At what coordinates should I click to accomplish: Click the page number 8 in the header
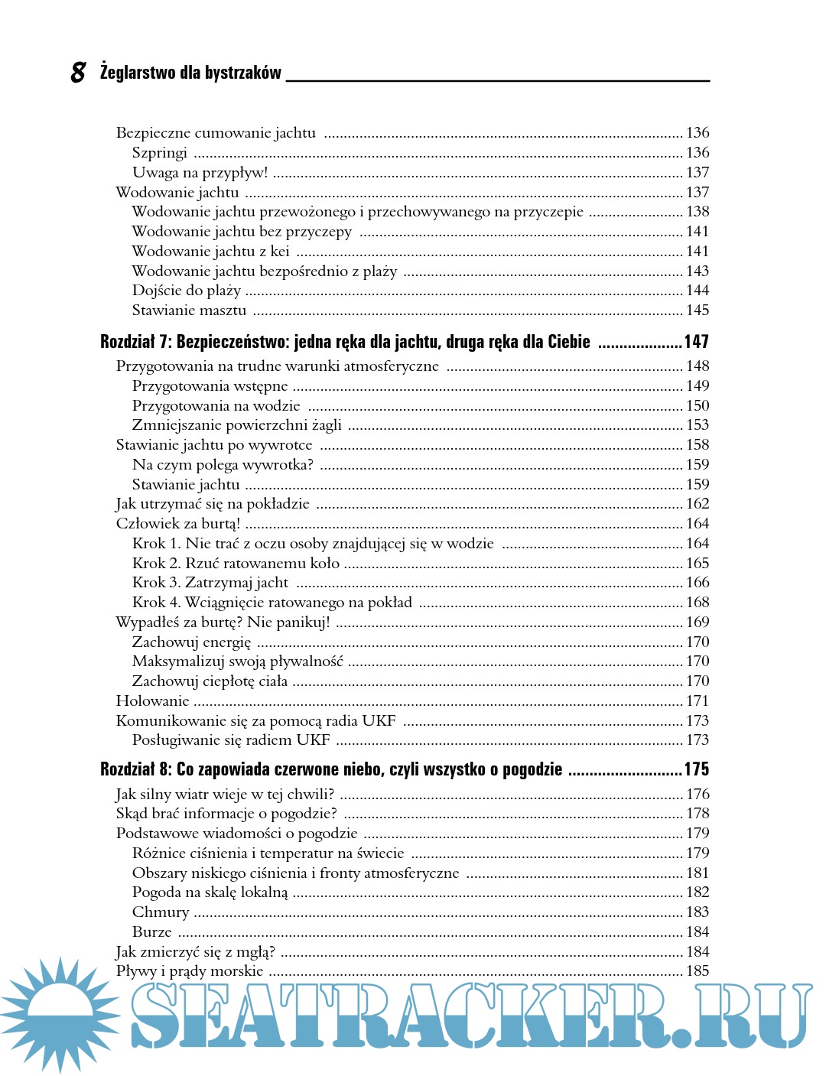[x=78, y=72]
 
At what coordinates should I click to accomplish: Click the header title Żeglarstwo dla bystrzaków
[x=190, y=73]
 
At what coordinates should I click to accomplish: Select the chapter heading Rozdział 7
[x=345, y=342]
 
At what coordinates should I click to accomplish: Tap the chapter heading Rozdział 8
[x=331, y=769]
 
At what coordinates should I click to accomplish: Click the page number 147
[x=696, y=342]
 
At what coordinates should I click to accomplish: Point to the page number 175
[x=696, y=769]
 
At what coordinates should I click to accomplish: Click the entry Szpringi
[x=160, y=153]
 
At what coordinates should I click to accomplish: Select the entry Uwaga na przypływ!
[x=200, y=173]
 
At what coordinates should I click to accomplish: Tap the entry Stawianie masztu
[x=189, y=310]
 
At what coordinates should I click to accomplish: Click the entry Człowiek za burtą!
[x=178, y=524]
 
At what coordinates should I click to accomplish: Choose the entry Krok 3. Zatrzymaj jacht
[x=210, y=583]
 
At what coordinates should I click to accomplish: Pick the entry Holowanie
[x=152, y=701]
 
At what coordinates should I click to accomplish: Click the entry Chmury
[x=161, y=912]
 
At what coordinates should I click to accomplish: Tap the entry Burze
[x=152, y=932]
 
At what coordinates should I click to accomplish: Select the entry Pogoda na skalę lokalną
[x=210, y=892]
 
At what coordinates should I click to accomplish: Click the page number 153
[x=698, y=425]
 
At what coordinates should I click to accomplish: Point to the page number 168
[x=698, y=603]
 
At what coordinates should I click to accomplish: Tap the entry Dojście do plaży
[x=187, y=291]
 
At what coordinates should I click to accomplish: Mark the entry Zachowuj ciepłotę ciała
[x=210, y=681]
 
